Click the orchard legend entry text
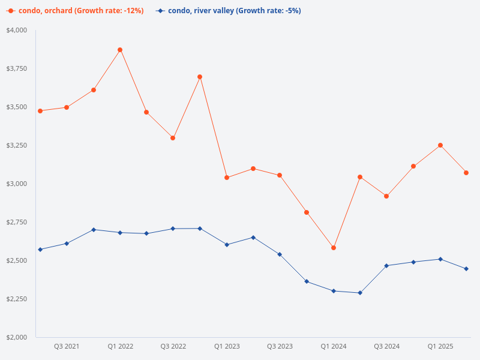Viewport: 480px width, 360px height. point(81,11)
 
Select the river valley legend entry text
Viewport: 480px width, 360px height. point(234,11)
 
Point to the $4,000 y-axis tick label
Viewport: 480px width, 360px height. point(17,30)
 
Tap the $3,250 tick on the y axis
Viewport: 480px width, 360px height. point(17,145)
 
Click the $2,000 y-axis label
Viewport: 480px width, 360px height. point(17,337)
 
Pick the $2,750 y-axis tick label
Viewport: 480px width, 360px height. point(17,222)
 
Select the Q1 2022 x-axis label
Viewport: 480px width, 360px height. point(121,346)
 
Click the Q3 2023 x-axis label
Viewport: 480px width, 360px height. point(280,346)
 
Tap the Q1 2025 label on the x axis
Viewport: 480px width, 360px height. point(440,346)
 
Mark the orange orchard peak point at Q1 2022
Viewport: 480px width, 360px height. point(120,50)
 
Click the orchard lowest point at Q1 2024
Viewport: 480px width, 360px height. point(334,248)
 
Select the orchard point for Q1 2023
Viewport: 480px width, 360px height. point(227,178)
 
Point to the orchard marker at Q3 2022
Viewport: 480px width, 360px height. point(173,138)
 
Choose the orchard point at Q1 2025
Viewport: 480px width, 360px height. point(440,145)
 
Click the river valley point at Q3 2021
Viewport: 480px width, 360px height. point(67,244)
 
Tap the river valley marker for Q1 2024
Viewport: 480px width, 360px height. point(334,291)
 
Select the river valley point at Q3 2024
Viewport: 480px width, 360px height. point(386,266)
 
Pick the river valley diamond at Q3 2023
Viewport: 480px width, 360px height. point(280,254)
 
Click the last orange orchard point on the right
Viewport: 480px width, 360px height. point(466,173)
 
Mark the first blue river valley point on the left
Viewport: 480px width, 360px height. point(40,250)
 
